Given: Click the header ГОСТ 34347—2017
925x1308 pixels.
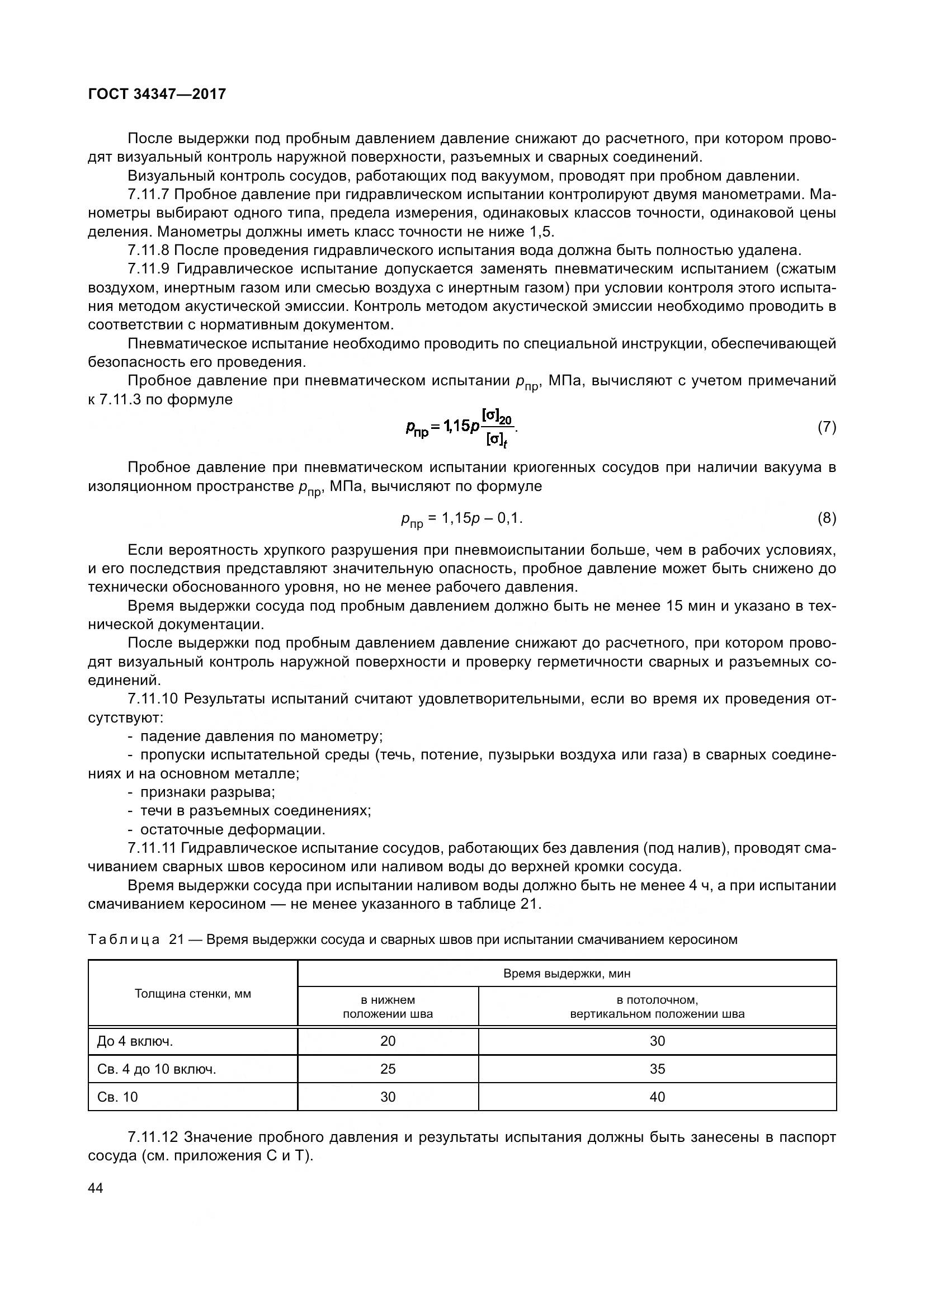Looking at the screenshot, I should click(x=157, y=94).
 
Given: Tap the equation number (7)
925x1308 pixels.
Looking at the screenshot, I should click(x=827, y=427).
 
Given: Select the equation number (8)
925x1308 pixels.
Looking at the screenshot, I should click(x=827, y=518).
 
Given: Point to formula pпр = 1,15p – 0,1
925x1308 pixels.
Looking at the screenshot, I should click(x=461, y=518).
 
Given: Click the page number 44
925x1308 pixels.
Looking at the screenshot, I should click(x=96, y=1188).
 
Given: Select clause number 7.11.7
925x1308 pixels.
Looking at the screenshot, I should click(x=149, y=194).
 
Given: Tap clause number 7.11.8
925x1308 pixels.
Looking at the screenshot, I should click(x=149, y=250).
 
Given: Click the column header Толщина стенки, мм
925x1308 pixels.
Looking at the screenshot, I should click(x=192, y=994).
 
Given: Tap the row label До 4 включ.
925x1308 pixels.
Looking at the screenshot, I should click(x=135, y=1041).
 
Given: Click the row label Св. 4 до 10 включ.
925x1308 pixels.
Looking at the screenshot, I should click(x=157, y=1069).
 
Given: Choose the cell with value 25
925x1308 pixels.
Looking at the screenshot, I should click(x=388, y=1069).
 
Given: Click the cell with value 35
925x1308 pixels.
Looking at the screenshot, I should click(x=657, y=1069).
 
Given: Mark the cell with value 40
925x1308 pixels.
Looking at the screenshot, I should click(x=657, y=1097).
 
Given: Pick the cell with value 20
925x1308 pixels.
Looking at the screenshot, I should click(x=388, y=1041).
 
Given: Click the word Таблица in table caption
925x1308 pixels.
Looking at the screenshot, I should click(x=124, y=939).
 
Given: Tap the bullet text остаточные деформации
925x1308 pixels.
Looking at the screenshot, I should click(x=233, y=829).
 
